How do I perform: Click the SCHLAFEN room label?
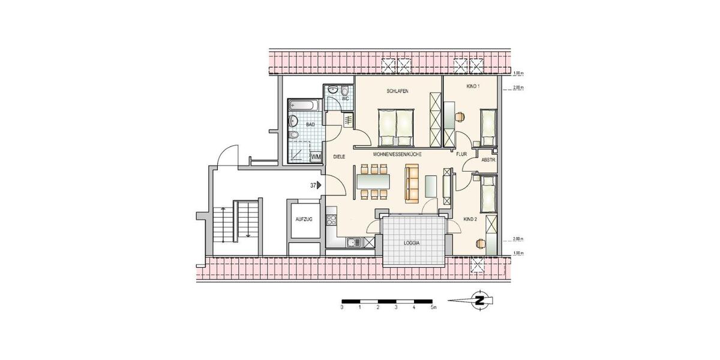point(397,91)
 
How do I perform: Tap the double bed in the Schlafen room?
point(395,127)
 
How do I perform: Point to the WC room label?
point(345,98)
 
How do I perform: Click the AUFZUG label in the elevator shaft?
point(304,220)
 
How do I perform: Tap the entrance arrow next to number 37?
point(320,185)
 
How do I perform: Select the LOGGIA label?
point(412,244)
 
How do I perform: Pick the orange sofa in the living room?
point(412,181)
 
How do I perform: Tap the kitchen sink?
point(354,243)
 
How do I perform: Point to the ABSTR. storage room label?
point(488,160)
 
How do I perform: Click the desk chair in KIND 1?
point(460,116)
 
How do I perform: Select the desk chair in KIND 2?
point(480,243)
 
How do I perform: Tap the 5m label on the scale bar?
point(434,307)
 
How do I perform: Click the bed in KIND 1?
point(489,128)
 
